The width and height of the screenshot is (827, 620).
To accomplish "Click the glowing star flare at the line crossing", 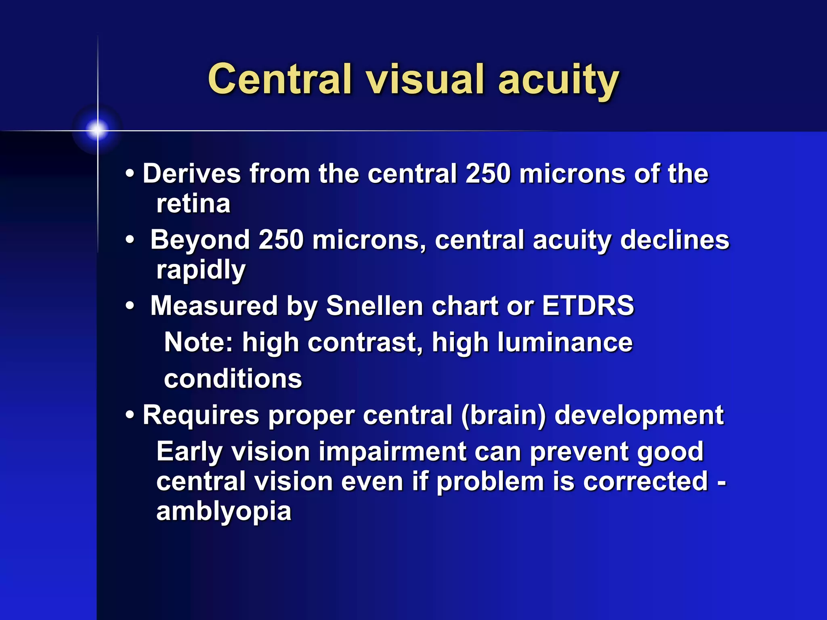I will [x=97, y=130].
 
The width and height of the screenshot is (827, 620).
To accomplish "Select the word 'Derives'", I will [x=192, y=174].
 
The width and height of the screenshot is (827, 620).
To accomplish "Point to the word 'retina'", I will [x=193, y=203].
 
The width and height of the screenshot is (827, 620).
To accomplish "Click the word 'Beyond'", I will [x=200, y=240].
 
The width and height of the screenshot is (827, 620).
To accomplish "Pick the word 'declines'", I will [x=674, y=240].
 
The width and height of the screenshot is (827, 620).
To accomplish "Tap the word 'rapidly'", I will [x=201, y=270].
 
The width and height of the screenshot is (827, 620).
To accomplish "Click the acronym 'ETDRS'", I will [x=588, y=306].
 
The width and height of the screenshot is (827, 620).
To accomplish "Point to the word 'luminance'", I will [x=565, y=342].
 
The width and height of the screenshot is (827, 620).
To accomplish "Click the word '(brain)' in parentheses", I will [x=503, y=415].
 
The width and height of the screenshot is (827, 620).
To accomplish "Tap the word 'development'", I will [x=639, y=415].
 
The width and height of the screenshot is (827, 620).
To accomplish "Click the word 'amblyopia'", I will [x=224, y=511].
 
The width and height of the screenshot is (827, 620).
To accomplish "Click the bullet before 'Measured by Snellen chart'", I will [x=130, y=306].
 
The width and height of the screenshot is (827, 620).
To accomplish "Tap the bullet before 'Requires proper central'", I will [x=130, y=415].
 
